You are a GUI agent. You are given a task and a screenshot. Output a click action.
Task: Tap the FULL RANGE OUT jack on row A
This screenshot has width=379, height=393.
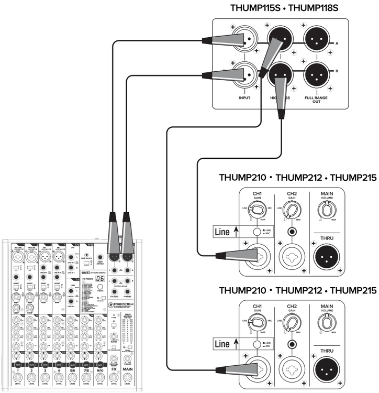click(316, 39)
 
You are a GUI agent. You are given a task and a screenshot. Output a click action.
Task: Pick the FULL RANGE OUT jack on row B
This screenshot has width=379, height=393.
click(316, 75)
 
